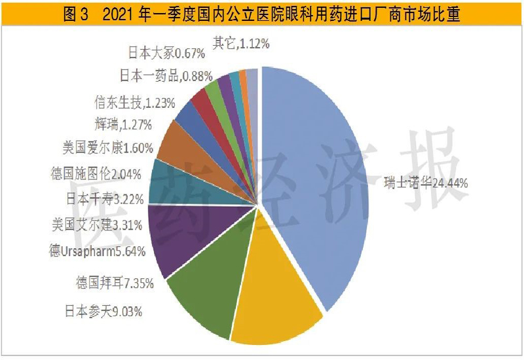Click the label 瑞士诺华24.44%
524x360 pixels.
tap(426, 183)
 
